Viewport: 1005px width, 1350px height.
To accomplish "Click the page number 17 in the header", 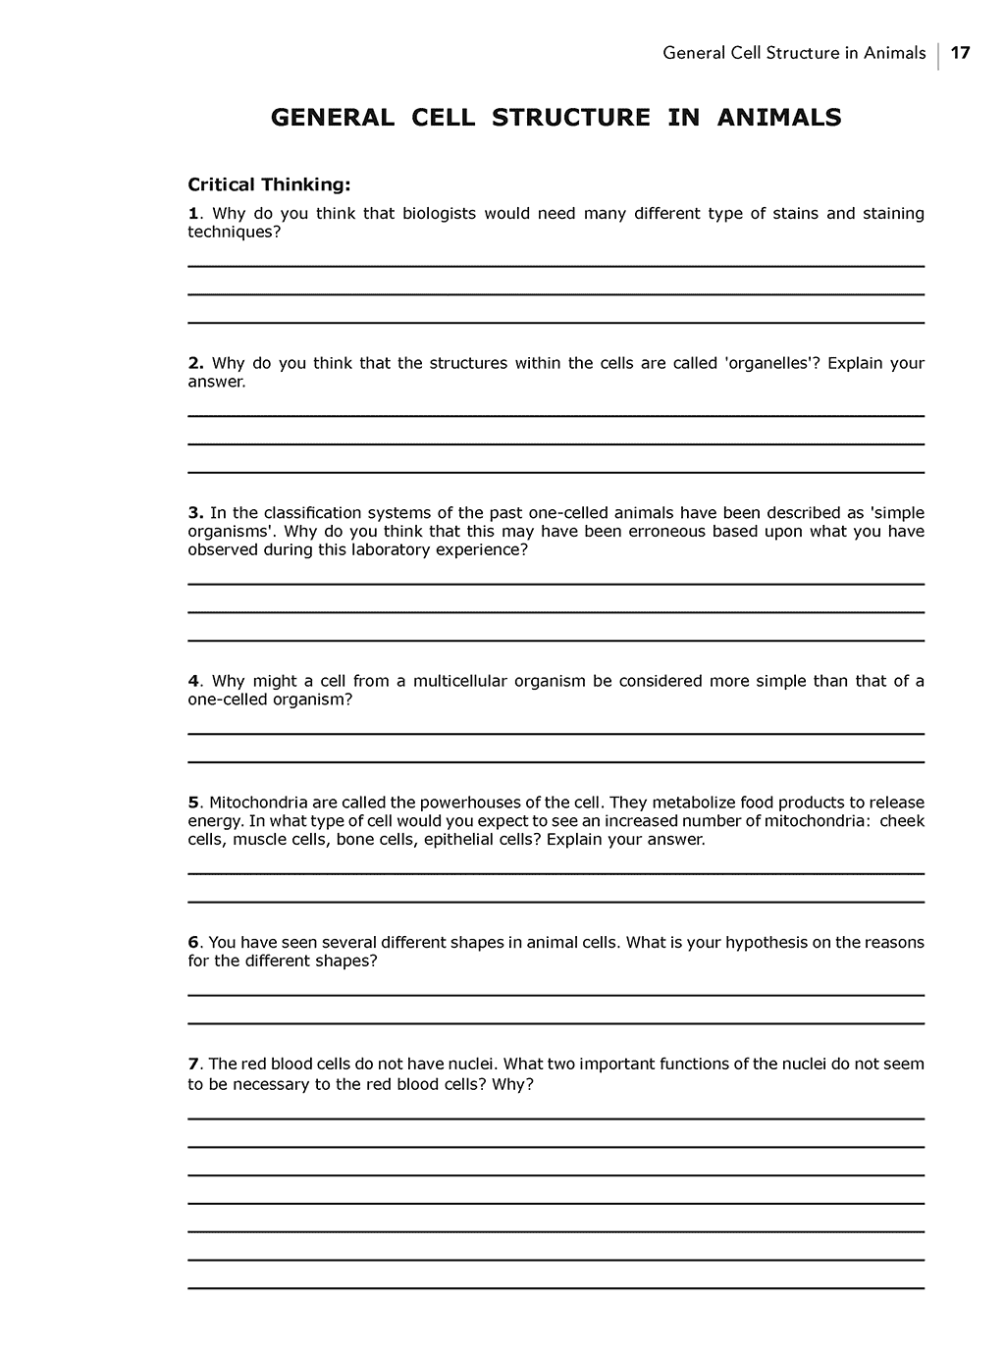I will [961, 53].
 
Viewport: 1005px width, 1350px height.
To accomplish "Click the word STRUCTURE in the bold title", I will [570, 118].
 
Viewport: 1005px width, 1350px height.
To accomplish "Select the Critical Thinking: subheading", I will [269, 184].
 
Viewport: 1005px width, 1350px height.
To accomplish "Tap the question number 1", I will [193, 214].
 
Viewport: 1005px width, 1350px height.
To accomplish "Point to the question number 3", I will [194, 513].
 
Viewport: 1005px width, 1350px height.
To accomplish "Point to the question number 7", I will [193, 1064].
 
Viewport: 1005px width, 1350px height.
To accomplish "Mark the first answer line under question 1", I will [555, 266].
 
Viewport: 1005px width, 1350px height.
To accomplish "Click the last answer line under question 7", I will [555, 1288].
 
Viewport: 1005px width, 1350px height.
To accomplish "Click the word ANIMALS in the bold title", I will [779, 118].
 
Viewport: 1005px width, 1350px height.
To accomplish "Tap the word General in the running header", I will [694, 53].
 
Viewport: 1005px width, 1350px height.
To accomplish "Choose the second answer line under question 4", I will [555, 761].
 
